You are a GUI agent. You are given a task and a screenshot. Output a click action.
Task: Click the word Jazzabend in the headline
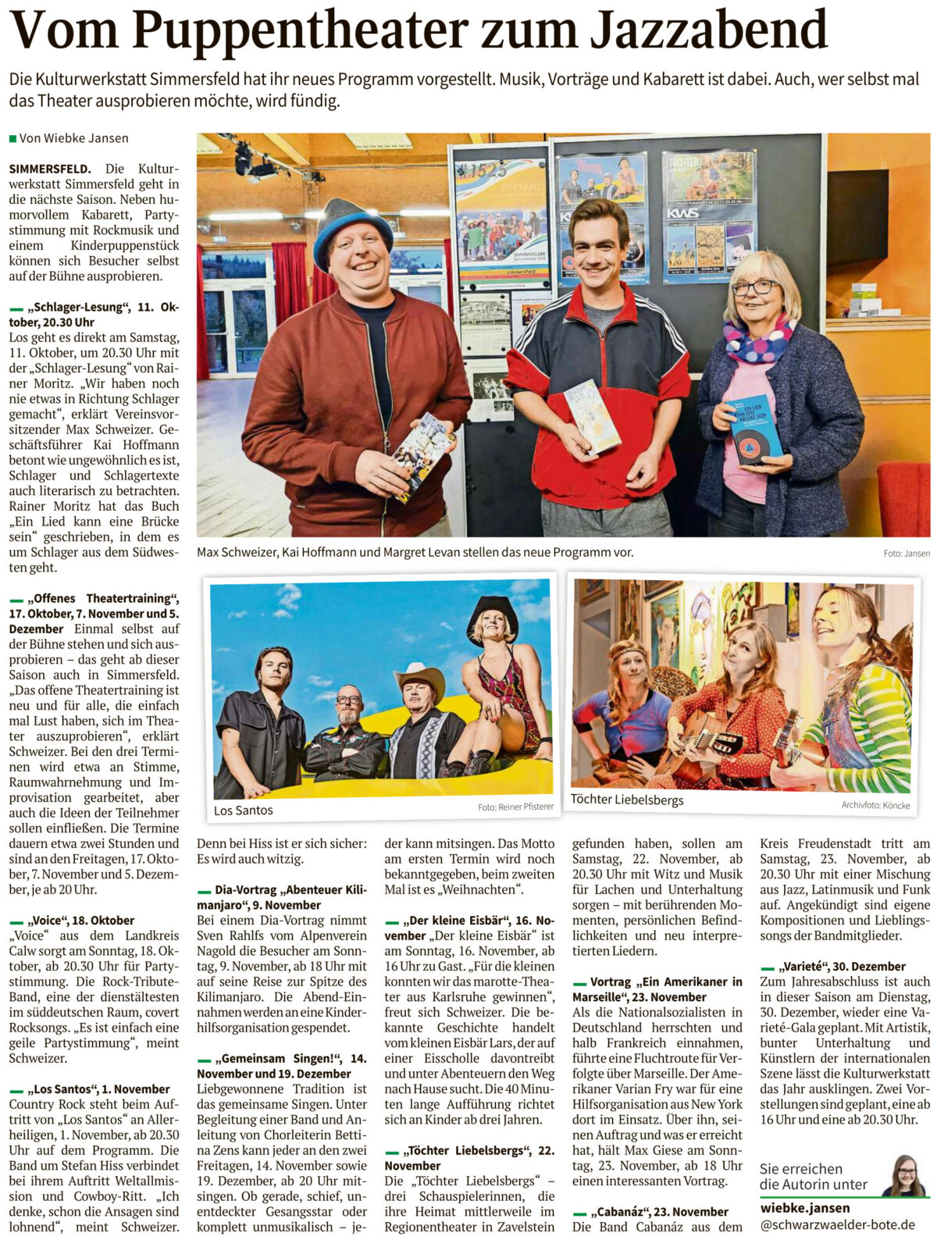(x=707, y=30)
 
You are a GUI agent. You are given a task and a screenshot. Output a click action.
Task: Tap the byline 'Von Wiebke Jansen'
(x=73, y=138)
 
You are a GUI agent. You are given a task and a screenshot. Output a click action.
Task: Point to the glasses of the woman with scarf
(x=754, y=287)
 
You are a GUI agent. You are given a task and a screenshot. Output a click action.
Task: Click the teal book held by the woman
(x=756, y=429)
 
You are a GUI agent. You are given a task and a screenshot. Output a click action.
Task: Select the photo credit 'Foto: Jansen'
(x=906, y=553)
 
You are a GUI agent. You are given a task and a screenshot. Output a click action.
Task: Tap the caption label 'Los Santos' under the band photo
(x=244, y=810)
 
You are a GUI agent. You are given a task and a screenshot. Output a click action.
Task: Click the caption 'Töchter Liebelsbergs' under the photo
(x=626, y=800)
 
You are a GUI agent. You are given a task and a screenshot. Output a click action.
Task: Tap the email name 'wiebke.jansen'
(x=805, y=1208)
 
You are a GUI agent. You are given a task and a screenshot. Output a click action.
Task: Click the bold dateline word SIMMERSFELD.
(x=50, y=169)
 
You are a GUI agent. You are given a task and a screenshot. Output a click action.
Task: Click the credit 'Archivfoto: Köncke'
(x=875, y=805)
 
